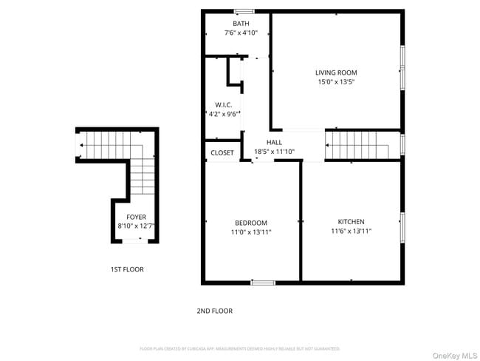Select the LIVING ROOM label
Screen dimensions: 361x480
point(336,72)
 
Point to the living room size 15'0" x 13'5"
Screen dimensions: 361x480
point(336,82)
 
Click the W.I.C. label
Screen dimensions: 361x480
point(224,105)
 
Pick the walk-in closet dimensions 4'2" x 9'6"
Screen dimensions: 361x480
point(224,115)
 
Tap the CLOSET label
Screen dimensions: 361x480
point(222,153)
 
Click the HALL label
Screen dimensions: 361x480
point(274,142)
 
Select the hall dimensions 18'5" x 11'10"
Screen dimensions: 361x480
point(274,152)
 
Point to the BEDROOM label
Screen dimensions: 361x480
point(251,223)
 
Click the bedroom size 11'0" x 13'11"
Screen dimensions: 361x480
point(251,232)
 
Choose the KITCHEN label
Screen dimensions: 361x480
point(351,222)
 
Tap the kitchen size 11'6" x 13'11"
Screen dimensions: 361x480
point(351,232)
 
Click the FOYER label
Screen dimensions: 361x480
point(136,217)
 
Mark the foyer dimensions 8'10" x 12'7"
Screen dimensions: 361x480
point(136,226)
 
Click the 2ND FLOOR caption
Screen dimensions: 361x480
point(214,311)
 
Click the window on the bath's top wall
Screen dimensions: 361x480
point(244,11)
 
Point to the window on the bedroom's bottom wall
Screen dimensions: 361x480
point(262,283)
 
